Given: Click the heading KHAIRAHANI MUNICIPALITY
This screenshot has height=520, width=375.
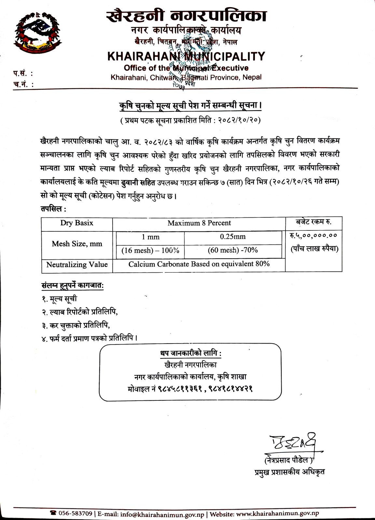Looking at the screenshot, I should tap(186, 57).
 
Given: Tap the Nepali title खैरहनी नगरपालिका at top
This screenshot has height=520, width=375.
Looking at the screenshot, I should tap(186, 16).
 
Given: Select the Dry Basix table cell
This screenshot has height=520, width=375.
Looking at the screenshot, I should tap(77, 223).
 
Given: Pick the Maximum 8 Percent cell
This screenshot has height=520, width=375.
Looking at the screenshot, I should tap(199, 223).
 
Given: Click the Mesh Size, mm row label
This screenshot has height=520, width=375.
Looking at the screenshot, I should tap(77, 244).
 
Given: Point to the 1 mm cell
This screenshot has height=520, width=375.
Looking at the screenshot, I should tap(150, 237).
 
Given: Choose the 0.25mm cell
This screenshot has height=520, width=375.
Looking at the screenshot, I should tap(233, 237).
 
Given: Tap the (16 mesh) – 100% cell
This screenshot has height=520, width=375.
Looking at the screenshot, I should tap(150, 251).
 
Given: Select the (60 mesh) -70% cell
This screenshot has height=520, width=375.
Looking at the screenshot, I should tap(233, 250).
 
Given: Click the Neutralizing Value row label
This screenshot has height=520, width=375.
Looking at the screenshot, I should tap(77, 265).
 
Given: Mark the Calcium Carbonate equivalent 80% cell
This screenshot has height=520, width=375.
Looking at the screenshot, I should tap(199, 264).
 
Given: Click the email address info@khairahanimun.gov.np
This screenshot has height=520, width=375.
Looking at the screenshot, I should tap(162, 514).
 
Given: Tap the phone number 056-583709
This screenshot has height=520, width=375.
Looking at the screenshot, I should tap(75, 514).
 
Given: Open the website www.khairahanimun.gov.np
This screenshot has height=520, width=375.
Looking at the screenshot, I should tap(277, 514).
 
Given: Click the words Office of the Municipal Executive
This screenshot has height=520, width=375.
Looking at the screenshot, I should tap(186, 68).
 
